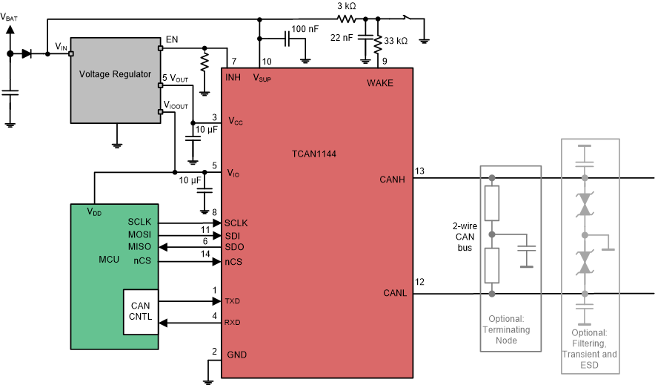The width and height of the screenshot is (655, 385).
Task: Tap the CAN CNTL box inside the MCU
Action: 140,312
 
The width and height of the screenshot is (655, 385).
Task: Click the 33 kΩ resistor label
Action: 395,42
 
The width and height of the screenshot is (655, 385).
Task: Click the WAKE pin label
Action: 379,82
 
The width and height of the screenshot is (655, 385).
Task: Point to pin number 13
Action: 419,171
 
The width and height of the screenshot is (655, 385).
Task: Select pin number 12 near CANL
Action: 419,281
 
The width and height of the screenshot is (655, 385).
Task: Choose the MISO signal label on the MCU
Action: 139,247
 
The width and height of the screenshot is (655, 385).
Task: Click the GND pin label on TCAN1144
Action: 236,354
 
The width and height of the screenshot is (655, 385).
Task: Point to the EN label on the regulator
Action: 171,39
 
